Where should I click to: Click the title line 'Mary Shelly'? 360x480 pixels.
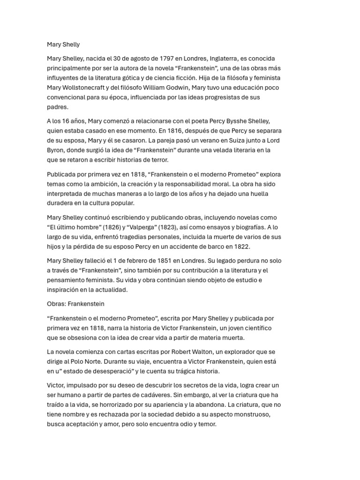click(63, 45)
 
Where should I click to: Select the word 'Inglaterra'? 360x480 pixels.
click(220, 58)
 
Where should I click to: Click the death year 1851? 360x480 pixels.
click(177, 261)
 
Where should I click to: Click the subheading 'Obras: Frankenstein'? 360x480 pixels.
click(75, 304)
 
